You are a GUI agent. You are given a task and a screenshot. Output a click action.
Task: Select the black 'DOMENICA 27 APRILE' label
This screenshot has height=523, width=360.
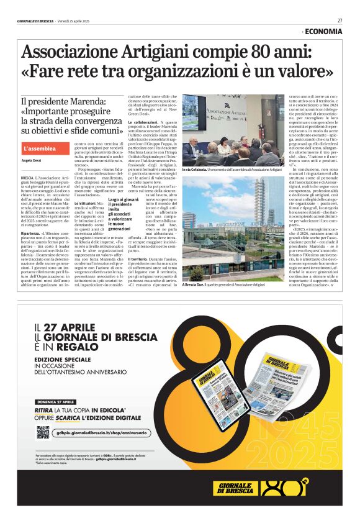[56, 402]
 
